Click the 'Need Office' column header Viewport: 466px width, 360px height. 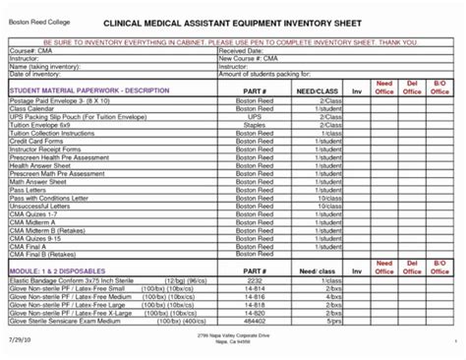point(384,89)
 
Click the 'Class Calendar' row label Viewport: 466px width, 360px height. point(34,109)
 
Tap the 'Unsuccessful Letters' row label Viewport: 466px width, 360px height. point(40,207)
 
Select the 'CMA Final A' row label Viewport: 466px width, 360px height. point(30,247)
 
